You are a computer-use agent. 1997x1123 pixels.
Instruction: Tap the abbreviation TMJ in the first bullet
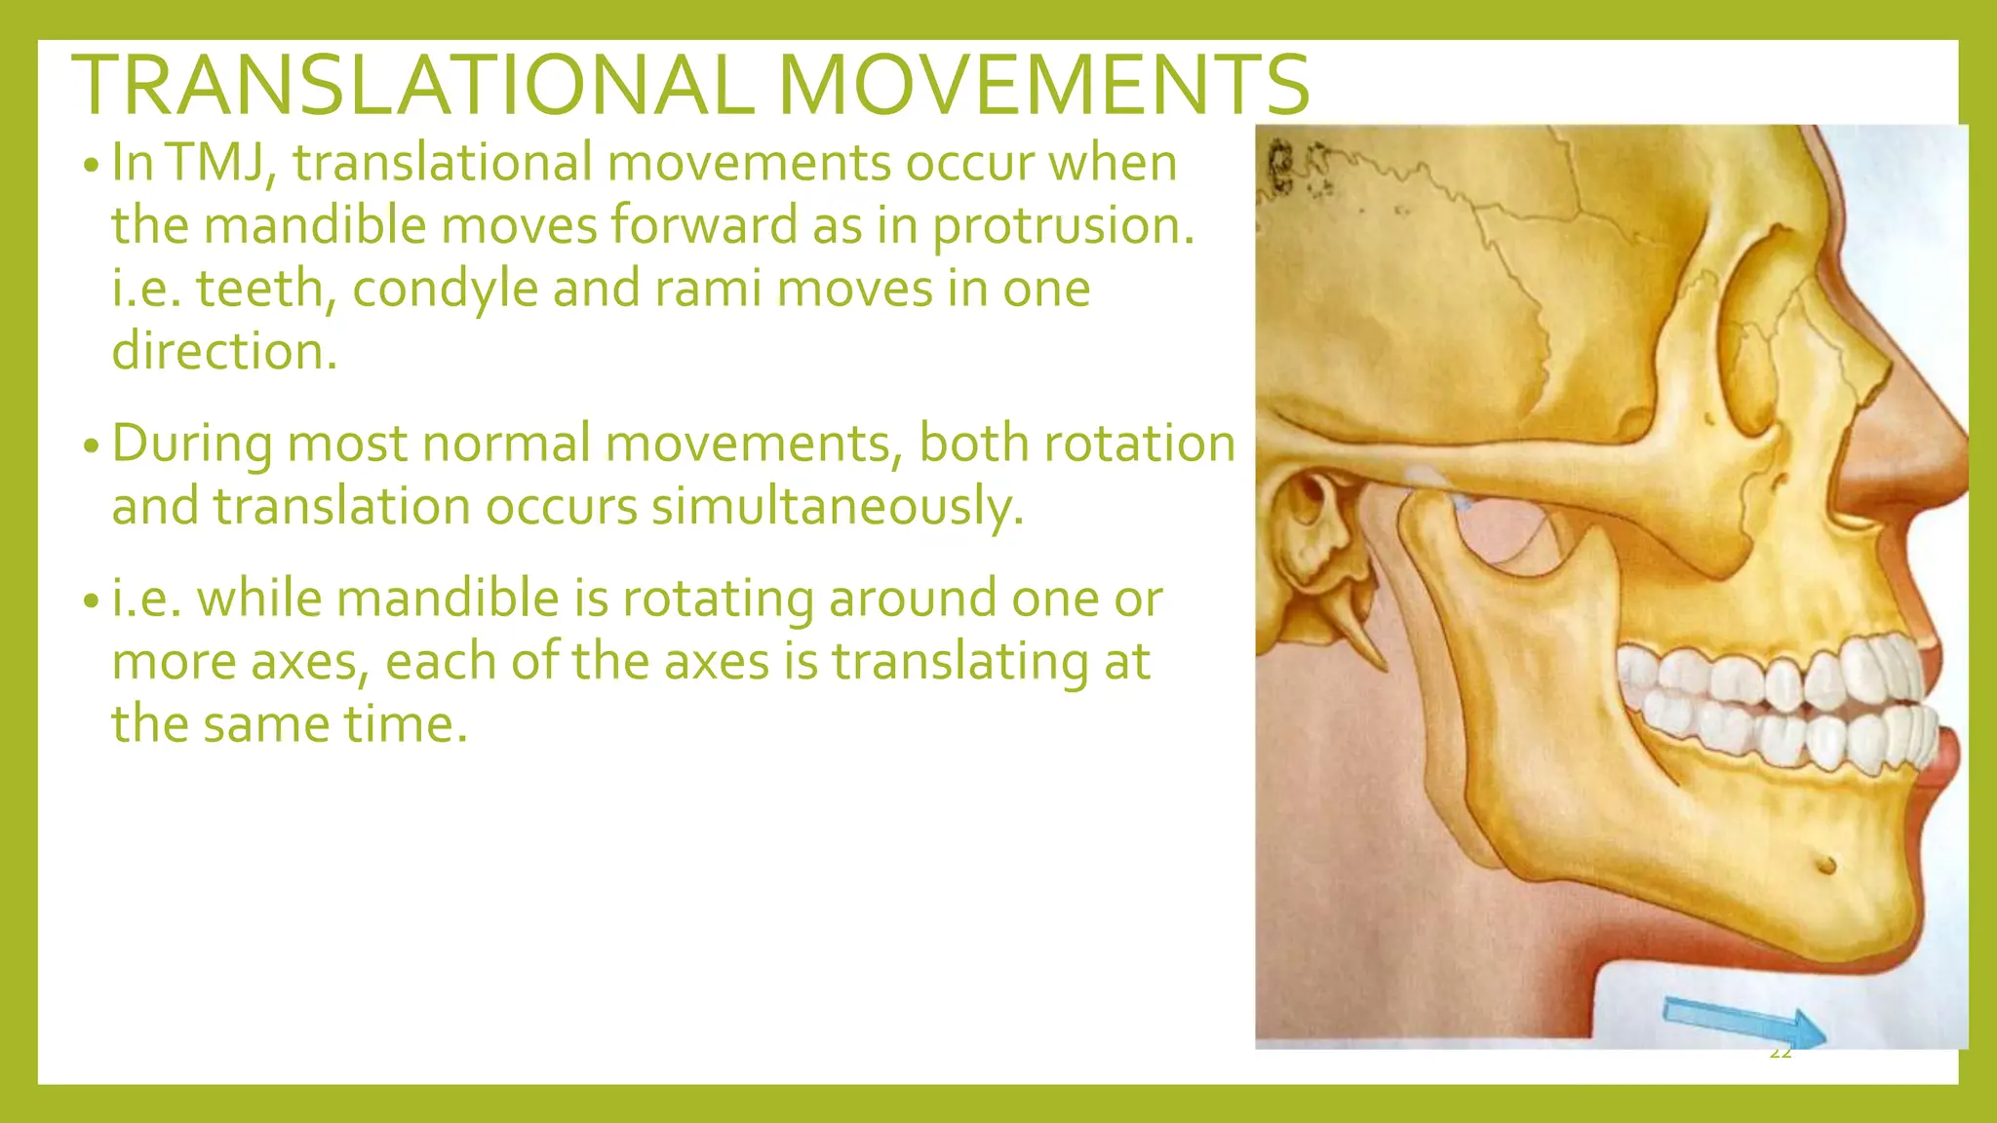215,162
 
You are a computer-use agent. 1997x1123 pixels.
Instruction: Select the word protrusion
1063,226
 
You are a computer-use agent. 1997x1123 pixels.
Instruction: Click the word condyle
445,289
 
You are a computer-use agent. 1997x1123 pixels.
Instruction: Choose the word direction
223,352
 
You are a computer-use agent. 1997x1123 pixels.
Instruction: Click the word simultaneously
838,507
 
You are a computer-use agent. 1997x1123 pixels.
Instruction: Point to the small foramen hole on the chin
1826,864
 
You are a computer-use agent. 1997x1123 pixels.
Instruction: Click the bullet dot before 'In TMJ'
91,166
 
